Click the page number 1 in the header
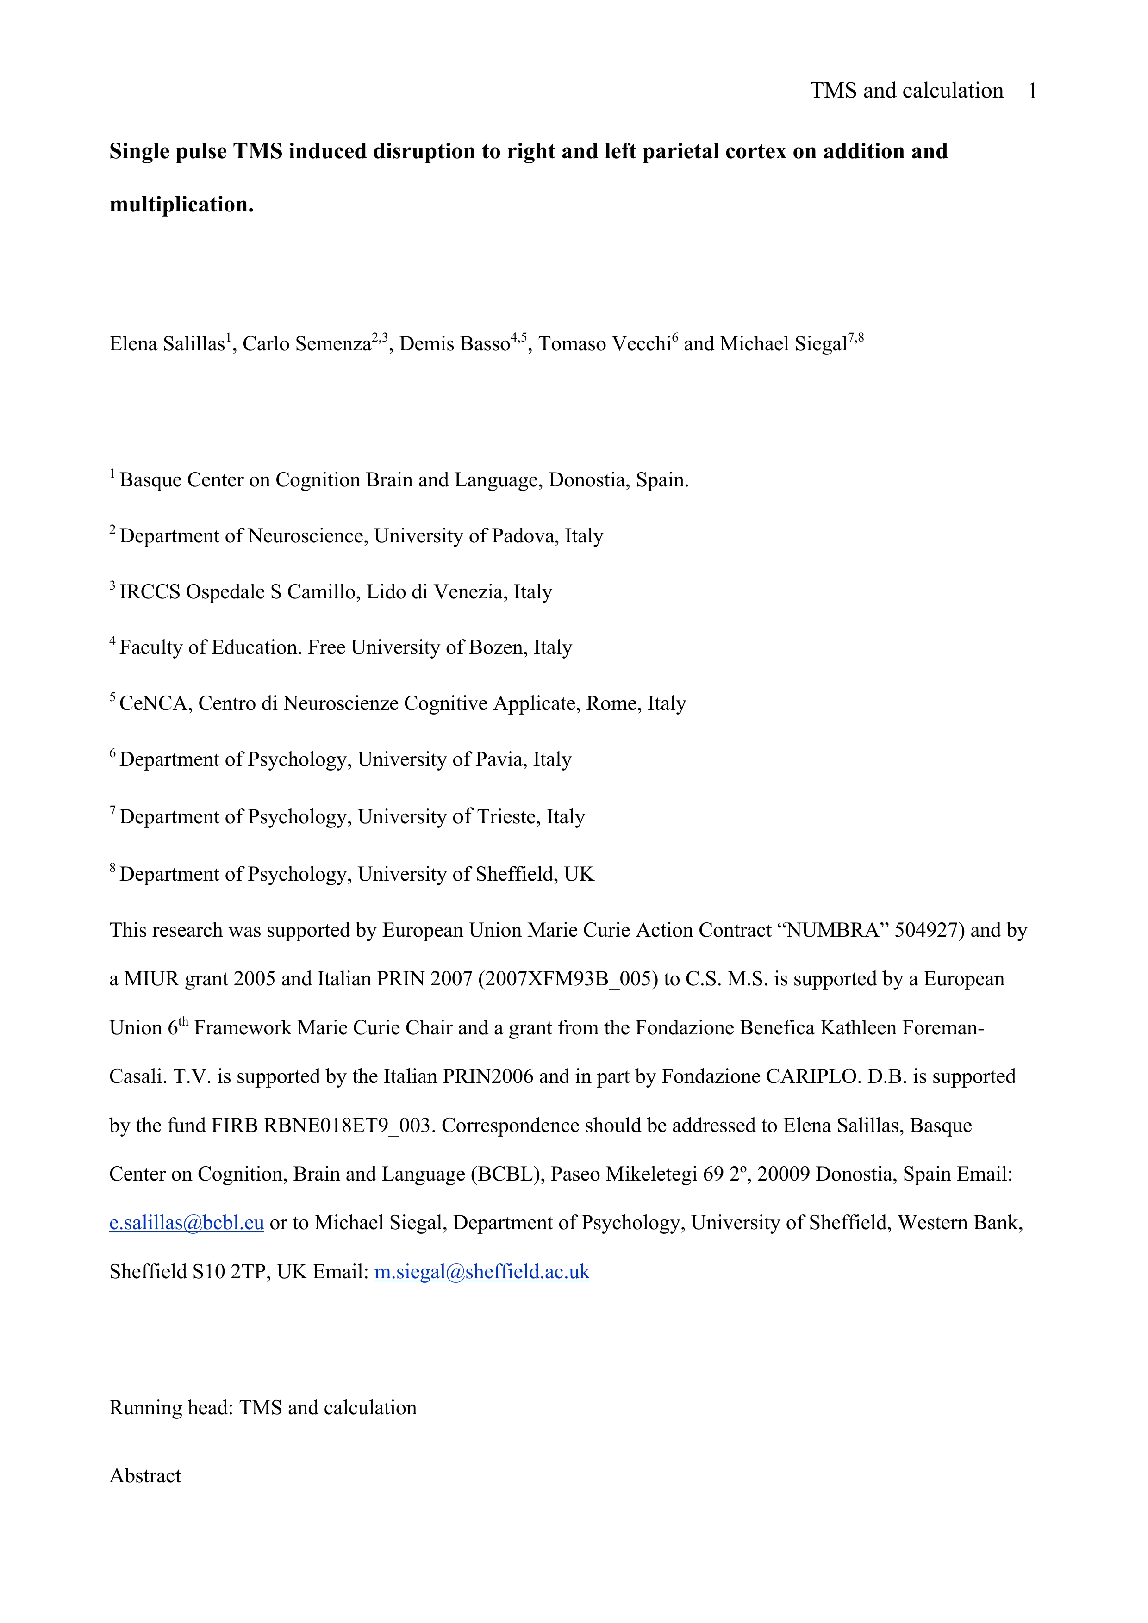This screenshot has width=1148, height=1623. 1032,91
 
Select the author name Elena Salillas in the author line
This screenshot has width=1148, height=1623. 167,344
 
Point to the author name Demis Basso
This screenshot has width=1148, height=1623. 454,344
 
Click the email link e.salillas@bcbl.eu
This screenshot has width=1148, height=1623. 187,1223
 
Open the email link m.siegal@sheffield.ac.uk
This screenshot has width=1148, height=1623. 481,1272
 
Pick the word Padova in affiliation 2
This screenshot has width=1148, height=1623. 523,536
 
